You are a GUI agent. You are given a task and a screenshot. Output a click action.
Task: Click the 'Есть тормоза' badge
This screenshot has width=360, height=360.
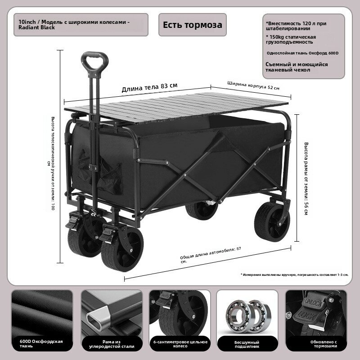[x=193, y=25]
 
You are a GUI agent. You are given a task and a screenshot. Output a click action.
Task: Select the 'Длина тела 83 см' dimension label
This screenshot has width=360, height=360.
[x=149, y=87]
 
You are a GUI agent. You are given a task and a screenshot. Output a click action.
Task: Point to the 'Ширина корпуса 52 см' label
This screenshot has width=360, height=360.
[x=253, y=85]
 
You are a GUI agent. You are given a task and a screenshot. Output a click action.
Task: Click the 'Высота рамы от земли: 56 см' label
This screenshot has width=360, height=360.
[x=306, y=178]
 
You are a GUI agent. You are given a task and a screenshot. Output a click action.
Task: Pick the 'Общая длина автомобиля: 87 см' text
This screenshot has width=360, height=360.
[x=211, y=255]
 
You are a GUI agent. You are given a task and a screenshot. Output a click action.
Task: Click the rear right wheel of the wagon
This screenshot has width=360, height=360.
[x=272, y=221]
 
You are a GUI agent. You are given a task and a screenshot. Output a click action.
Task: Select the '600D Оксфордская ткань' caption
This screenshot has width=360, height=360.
[x=41, y=344]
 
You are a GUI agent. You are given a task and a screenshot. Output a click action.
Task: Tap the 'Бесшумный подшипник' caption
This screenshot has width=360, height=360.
[x=247, y=344]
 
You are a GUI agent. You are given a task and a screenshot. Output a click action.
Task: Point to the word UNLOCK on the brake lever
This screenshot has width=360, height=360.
[x=313, y=303]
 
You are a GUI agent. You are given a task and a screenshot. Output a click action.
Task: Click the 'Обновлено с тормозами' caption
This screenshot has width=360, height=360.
[x=324, y=344]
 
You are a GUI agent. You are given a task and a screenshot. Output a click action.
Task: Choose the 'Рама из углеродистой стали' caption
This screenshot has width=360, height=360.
[x=112, y=344]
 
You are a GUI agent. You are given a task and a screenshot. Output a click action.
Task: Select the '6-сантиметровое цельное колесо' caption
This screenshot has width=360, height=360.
[x=180, y=344]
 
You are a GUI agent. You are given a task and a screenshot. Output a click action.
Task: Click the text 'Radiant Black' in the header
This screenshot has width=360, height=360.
[x=36, y=27]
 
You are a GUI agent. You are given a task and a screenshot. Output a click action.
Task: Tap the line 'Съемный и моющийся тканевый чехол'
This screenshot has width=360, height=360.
[x=297, y=67]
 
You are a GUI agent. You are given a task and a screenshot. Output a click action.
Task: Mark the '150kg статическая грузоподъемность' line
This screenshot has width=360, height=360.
[x=291, y=40]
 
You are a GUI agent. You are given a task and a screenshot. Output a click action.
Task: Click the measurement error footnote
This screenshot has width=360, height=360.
[x=295, y=274]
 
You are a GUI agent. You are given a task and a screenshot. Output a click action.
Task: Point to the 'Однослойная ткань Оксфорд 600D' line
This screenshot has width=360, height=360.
[x=302, y=53]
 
